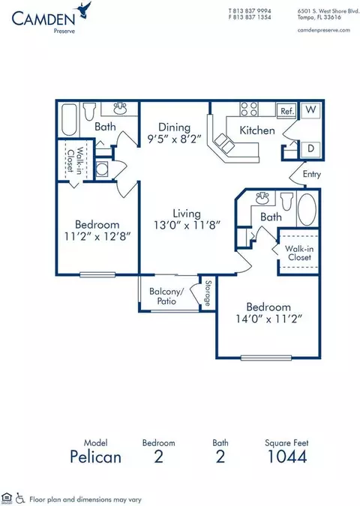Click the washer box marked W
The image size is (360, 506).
coord(310,110)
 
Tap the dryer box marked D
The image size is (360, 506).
coord(310,148)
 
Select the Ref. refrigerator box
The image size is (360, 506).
coord(286,111)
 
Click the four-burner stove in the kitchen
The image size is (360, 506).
coord(249,109)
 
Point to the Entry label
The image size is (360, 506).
coord(311,174)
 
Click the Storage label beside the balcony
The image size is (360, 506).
coord(208,293)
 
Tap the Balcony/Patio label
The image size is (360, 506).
coord(166,296)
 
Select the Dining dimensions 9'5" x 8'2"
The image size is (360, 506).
coord(174,139)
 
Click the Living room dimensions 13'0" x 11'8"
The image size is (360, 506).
coord(187,225)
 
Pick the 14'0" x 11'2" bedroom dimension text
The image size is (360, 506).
coord(268,319)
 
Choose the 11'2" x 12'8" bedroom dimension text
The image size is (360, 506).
coord(97,237)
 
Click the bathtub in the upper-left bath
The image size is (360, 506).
coord(69,119)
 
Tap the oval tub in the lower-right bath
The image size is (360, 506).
coord(307,209)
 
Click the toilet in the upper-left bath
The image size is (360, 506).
coord(89,111)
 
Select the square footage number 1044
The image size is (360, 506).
coord(287,457)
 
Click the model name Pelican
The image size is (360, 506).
coord(95,457)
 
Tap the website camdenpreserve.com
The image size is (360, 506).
coord(323,30)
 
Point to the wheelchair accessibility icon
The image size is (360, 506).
coord(20,498)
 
